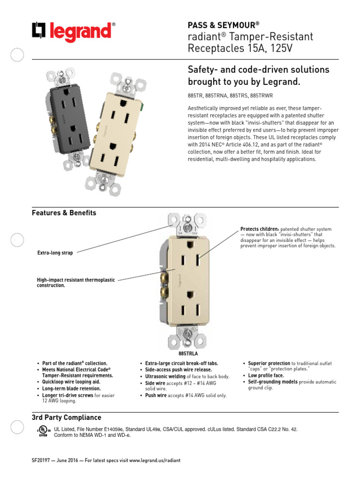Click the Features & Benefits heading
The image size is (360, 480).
click(x=64, y=213)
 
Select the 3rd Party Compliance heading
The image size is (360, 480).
click(x=66, y=417)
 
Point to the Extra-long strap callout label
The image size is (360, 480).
click(x=55, y=253)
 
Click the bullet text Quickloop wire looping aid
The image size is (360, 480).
click(x=71, y=382)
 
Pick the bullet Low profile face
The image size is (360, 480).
click(x=266, y=375)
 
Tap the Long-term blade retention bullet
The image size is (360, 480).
click(x=71, y=389)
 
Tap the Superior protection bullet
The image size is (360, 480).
click(x=269, y=363)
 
